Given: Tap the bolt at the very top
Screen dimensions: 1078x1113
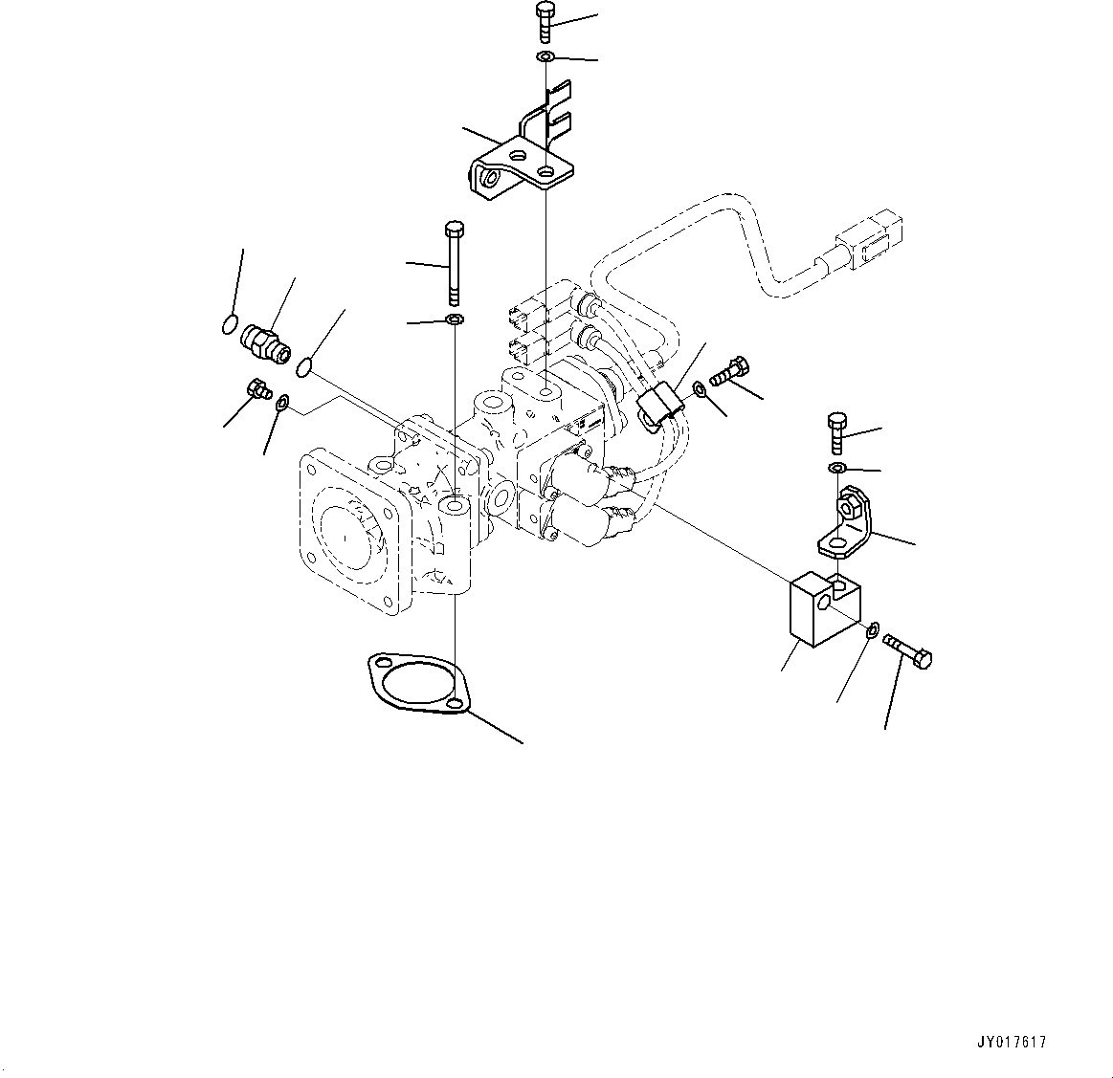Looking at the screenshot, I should [545, 21].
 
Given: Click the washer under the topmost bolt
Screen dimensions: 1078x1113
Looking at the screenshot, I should [545, 58].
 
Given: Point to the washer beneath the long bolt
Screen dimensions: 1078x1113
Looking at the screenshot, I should [455, 319].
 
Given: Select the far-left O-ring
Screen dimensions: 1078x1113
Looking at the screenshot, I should [229, 325].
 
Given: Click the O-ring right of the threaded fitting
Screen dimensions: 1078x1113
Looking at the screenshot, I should [305, 365].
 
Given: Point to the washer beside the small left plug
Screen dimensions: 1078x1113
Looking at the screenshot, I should [281, 407].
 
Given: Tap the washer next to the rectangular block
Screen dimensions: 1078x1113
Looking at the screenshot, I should [872, 630].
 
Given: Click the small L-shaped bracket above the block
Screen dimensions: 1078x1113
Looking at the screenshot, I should [846, 523].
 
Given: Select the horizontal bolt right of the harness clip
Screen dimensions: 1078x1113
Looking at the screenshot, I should [729, 370].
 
